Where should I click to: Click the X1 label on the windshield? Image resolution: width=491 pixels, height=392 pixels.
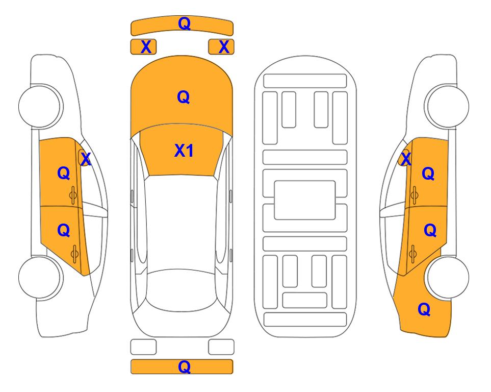click(184, 151)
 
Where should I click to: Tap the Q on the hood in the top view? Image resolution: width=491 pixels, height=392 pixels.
click(184, 97)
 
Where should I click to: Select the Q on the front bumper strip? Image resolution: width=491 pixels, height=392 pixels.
click(184, 23)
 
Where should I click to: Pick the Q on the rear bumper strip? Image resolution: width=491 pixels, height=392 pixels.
click(184, 366)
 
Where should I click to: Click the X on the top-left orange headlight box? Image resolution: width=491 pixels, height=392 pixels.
click(146, 47)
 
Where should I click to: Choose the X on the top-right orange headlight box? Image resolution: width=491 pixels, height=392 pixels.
click(224, 47)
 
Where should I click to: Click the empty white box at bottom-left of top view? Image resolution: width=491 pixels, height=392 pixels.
click(143, 347)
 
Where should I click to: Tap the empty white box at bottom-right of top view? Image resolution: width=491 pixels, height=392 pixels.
click(221, 347)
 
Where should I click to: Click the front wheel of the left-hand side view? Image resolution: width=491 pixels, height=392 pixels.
click(40, 106)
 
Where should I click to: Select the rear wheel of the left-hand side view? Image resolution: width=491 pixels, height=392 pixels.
click(40, 277)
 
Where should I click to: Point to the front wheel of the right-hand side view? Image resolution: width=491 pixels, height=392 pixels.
click(448, 106)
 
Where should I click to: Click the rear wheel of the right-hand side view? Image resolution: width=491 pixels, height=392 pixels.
click(448, 277)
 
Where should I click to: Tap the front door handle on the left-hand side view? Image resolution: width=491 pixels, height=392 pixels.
click(73, 195)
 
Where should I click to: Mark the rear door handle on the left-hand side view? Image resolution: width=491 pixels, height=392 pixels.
click(74, 254)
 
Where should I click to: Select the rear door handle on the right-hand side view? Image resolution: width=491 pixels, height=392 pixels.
click(412, 254)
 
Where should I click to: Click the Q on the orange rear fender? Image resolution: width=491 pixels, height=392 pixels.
click(424, 309)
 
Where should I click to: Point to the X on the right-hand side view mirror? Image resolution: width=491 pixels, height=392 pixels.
click(406, 158)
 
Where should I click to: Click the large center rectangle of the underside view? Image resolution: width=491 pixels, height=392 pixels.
click(305, 200)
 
